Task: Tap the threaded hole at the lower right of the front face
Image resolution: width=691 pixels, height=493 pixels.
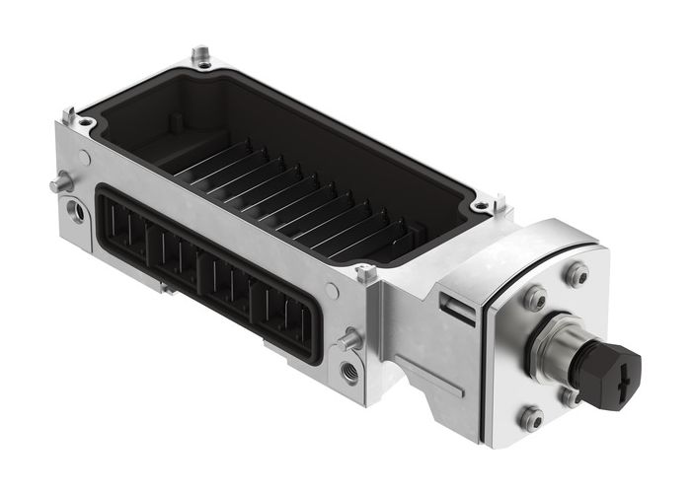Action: click(x=349, y=373)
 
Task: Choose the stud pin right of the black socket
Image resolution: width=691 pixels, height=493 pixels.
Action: click(x=347, y=341)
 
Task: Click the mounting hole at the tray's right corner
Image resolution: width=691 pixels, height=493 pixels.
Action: click(x=483, y=206)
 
